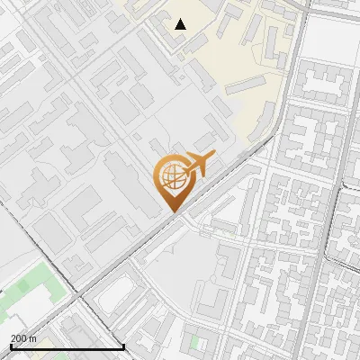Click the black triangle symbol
(x=181, y=24)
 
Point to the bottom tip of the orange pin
(x=172, y=211)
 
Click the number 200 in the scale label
(x=19, y=338)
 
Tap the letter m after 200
(x=32, y=338)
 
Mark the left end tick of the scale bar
(x=11, y=346)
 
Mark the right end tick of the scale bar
(x=123, y=346)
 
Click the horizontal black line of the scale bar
(x=67, y=347)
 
